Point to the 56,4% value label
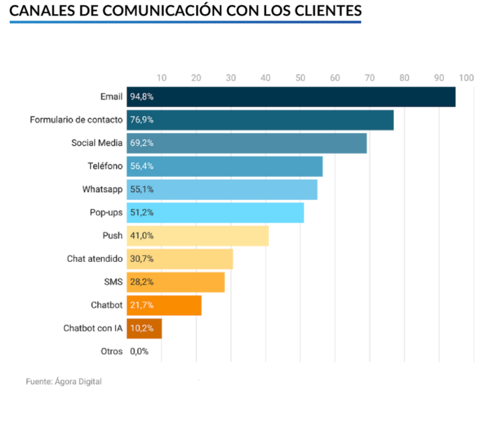[x=142, y=166]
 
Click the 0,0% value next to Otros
[x=139, y=351]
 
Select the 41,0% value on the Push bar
[x=142, y=236]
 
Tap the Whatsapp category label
[x=102, y=189]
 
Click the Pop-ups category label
[x=106, y=212]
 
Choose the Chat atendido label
[x=95, y=258]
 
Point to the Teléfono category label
[x=105, y=166]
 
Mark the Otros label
[x=111, y=351]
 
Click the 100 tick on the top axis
[x=467, y=78]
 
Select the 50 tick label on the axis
[x=300, y=78]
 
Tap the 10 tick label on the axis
[x=161, y=78]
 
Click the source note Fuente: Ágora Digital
[x=64, y=381]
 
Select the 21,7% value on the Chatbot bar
[x=142, y=305]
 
